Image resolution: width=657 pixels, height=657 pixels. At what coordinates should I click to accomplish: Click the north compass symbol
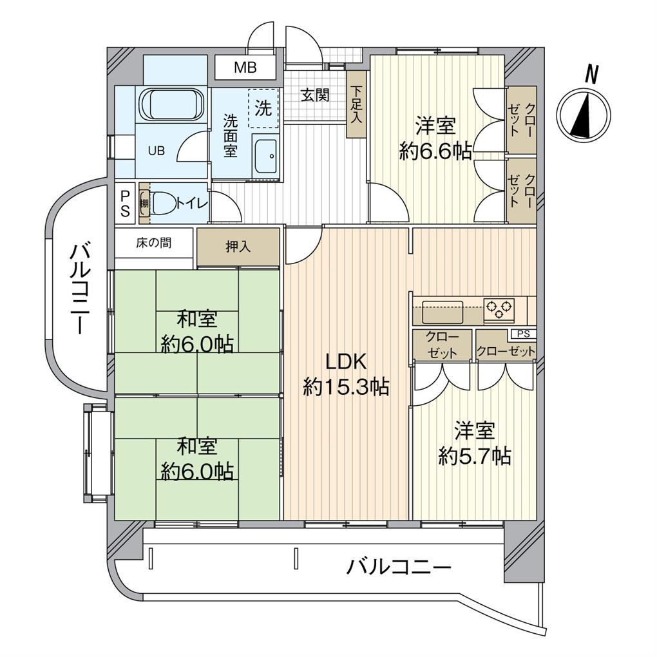click(583, 115)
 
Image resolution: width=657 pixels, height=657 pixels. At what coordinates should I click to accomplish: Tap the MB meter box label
click(245, 67)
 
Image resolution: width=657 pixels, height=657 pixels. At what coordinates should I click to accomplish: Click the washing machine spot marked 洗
click(263, 108)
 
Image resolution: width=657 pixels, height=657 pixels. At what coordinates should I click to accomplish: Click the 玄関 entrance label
click(315, 96)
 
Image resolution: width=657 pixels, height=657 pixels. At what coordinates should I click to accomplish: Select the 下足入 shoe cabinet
click(356, 104)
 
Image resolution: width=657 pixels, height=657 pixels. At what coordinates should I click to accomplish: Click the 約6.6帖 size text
click(435, 151)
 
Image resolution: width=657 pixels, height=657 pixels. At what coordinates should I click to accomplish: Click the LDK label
click(345, 361)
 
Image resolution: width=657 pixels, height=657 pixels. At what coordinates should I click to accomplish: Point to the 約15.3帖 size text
click(345, 386)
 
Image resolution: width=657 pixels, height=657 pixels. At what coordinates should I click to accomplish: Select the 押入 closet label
click(238, 246)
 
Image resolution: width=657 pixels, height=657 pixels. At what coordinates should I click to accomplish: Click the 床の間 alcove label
click(153, 243)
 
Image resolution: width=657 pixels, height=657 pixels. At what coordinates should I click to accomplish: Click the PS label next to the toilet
click(125, 203)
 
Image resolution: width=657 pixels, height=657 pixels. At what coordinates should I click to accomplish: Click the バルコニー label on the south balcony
click(399, 568)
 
